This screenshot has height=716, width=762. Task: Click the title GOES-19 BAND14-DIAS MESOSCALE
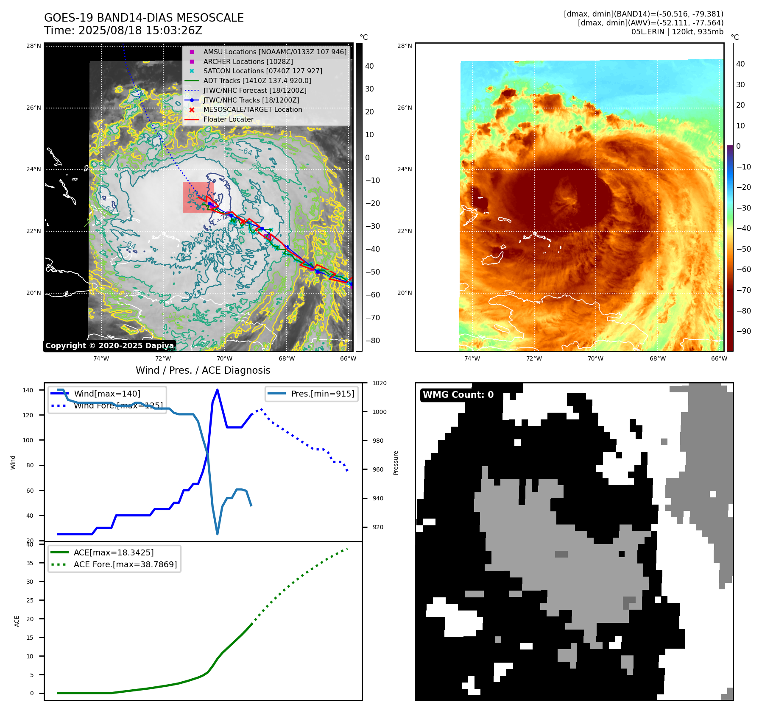pos(144,18)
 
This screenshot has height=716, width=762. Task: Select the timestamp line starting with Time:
pos(123,31)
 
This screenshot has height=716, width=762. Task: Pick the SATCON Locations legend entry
pos(262,71)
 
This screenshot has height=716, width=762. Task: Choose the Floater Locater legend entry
pos(228,119)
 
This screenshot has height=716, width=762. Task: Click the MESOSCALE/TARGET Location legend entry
pos(252,109)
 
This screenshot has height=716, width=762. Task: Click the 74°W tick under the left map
pos(101,358)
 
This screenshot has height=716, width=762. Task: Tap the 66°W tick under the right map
pos(719,358)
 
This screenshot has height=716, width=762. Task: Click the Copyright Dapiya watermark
pos(109,346)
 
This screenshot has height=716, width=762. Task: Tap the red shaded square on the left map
pos(195,197)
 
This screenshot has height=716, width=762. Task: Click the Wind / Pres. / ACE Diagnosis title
pos(203,370)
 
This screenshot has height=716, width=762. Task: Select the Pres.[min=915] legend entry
pos(322,394)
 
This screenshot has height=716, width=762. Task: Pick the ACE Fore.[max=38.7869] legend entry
pos(125,564)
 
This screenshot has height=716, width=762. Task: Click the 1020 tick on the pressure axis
pos(379,383)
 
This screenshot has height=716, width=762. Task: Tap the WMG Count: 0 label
pos(458,395)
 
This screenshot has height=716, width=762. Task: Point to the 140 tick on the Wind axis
pos(28,390)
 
